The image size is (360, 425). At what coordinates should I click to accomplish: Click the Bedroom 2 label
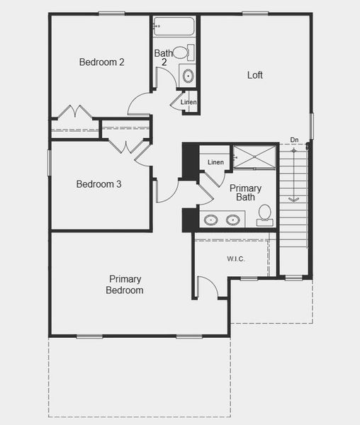click(x=101, y=62)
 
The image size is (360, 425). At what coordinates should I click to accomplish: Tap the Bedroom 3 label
click(x=99, y=184)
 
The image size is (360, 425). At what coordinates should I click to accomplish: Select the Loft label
click(x=255, y=75)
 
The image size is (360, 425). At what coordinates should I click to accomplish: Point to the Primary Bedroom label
click(x=125, y=285)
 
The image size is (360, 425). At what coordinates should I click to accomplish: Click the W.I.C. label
click(x=236, y=259)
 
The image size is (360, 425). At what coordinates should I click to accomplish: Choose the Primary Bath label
click(x=245, y=193)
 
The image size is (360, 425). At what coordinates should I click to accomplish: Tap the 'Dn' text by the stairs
click(x=294, y=140)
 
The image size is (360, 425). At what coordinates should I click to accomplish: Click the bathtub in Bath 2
click(x=174, y=26)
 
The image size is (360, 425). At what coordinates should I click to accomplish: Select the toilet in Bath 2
click(x=181, y=52)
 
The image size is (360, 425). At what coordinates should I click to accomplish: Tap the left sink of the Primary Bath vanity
click(x=211, y=220)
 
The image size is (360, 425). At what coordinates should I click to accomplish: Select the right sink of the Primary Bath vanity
click(x=232, y=220)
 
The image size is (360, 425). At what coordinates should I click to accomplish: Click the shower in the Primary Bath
click(x=254, y=157)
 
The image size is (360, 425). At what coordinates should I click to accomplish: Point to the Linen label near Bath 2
click(x=189, y=103)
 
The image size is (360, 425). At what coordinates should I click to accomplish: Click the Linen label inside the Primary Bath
click(x=215, y=163)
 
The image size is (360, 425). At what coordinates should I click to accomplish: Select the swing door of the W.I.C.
click(x=207, y=288)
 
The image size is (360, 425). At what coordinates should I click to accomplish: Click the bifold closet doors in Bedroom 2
click(x=74, y=113)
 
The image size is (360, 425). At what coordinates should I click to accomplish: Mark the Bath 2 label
click(x=163, y=57)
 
